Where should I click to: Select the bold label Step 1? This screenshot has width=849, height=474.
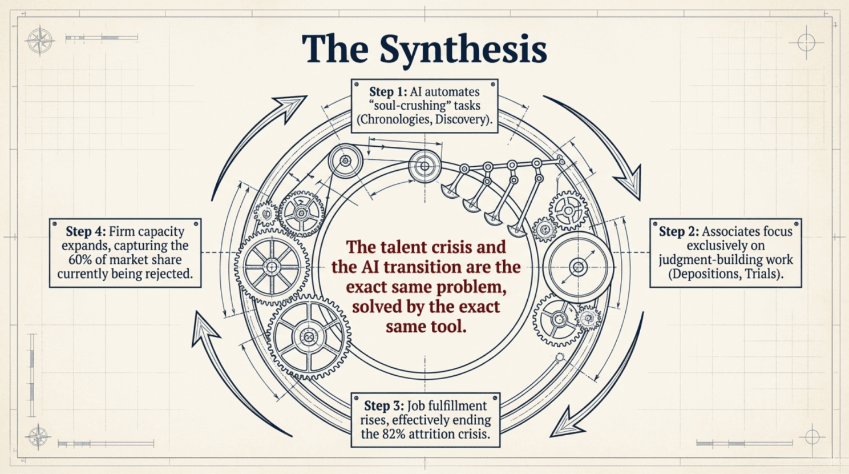[x=388, y=92]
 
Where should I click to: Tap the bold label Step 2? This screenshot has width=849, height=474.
[x=679, y=231]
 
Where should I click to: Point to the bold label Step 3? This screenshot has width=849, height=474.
[x=384, y=405]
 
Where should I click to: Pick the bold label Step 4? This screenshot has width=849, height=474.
[x=86, y=231]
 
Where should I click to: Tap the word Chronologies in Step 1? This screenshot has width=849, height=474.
[x=393, y=119]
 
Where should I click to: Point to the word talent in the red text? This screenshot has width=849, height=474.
[x=404, y=247]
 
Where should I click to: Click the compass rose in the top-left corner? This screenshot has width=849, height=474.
[x=40, y=41]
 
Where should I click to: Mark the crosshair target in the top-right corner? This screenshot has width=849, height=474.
[x=806, y=42]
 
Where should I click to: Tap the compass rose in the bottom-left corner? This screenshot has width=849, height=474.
[x=38, y=436]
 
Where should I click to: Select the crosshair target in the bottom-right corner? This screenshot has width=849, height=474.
[x=812, y=437]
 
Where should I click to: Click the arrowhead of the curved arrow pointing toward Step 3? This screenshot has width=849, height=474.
[x=566, y=423]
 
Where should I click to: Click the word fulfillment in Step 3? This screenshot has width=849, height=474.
[x=447, y=406]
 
